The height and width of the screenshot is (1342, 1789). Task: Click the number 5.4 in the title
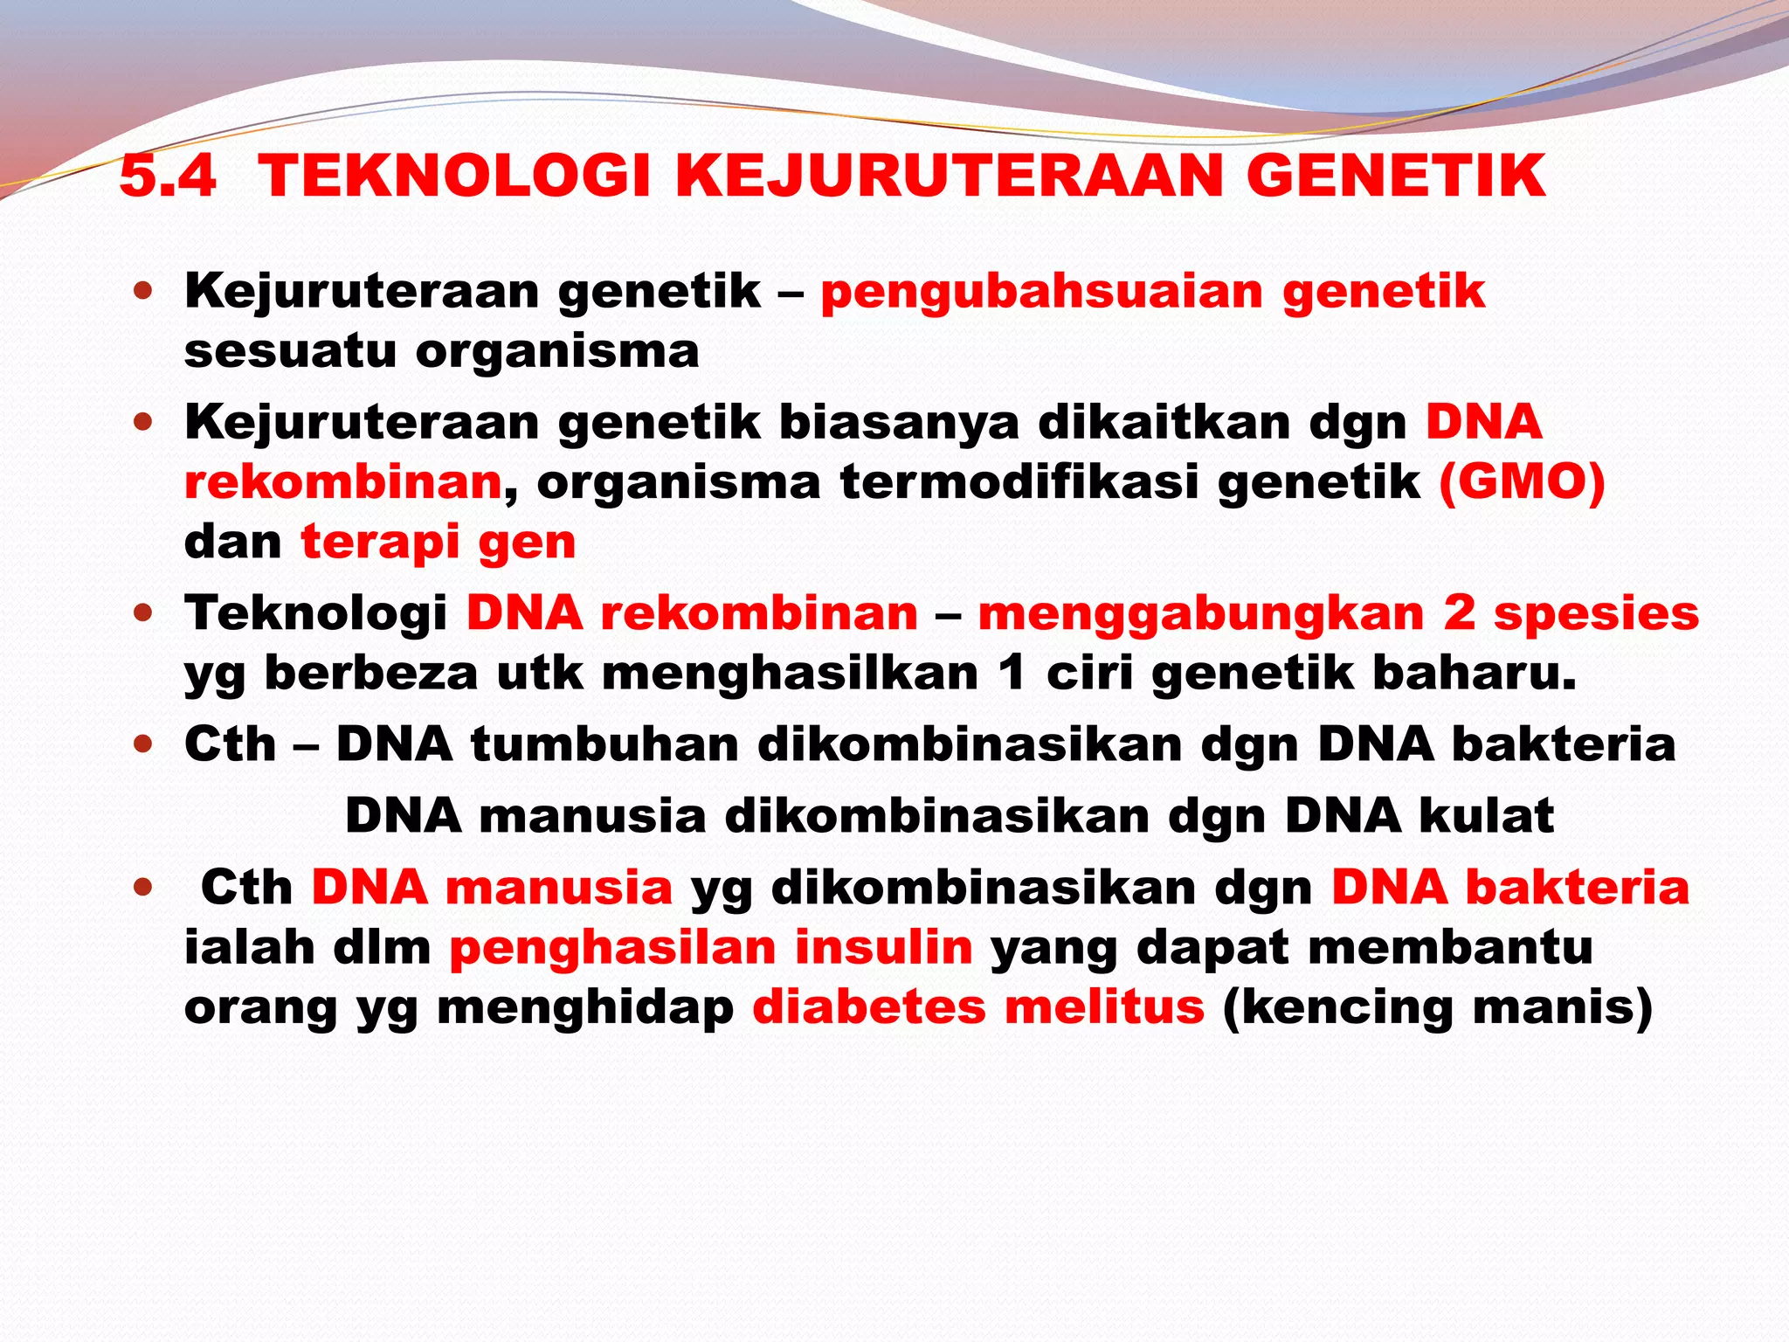pyautogui.click(x=167, y=176)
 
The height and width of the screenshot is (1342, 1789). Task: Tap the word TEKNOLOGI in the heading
pyautogui.click(x=454, y=176)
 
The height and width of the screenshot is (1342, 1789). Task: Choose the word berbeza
pyautogui.click(x=370, y=674)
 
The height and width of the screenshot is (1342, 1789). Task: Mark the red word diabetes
pyautogui.click(x=868, y=1006)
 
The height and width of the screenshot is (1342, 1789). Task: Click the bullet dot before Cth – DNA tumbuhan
pyautogui.click(x=144, y=745)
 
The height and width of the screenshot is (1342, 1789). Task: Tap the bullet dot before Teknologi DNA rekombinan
pyautogui.click(x=144, y=613)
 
